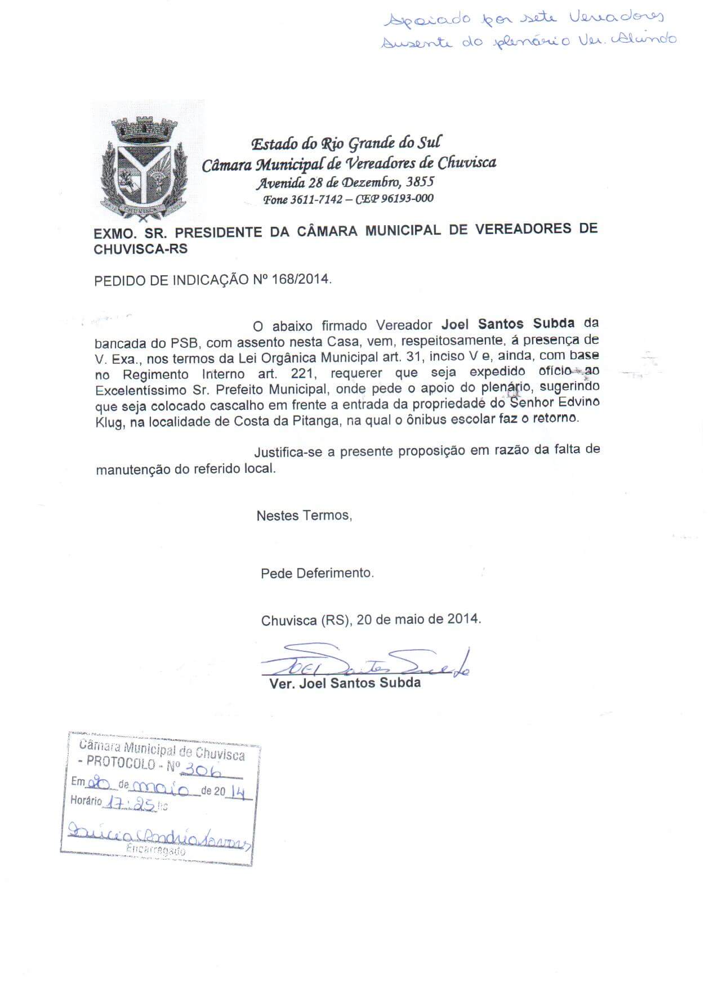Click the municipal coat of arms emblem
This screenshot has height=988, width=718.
point(144,167)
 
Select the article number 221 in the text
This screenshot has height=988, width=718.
point(306,374)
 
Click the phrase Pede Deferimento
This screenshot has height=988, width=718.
point(317,573)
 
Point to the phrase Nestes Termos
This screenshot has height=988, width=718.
point(304,515)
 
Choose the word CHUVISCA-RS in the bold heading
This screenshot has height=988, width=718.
point(141,249)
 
